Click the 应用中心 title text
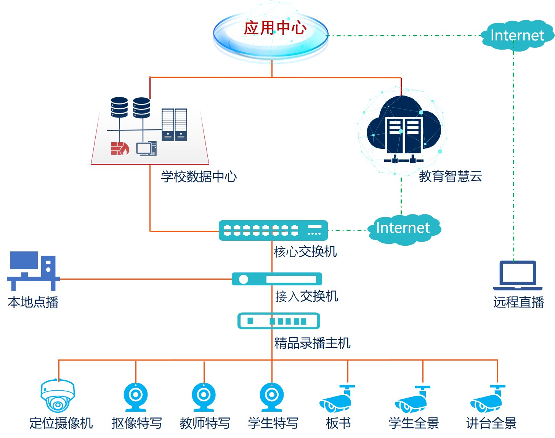[x=275, y=28]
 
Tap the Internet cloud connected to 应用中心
[x=517, y=35]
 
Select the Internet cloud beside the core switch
[x=403, y=228]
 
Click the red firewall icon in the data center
[x=120, y=148]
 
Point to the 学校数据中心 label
[x=199, y=177]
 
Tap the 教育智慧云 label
[x=451, y=176]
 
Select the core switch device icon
[x=273, y=230]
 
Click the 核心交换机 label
[x=305, y=251]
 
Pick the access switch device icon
[x=277, y=279]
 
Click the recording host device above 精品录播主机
[x=278, y=321]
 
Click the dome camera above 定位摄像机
[x=58, y=396]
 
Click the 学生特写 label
[x=273, y=423]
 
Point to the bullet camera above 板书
[x=337, y=399]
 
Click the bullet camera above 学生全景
[x=412, y=400]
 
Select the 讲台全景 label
[x=491, y=423]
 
